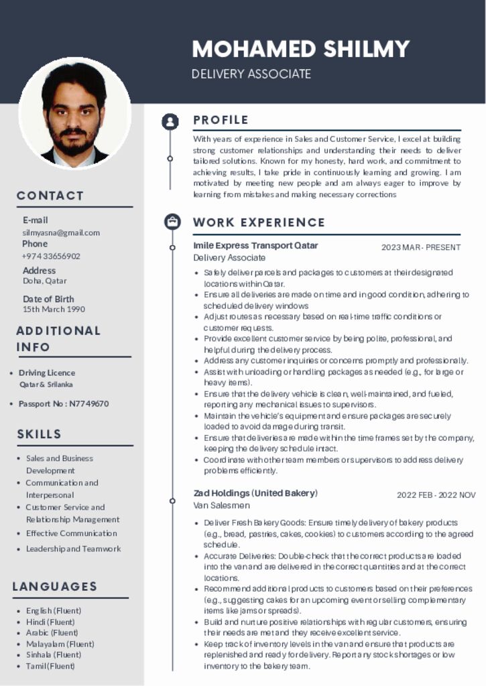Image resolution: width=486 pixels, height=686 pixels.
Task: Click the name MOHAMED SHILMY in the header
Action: tap(300, 49)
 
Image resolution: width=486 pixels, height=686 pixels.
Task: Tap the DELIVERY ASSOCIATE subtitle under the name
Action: tap(251, 74)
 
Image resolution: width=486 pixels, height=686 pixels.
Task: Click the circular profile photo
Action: tap(74, 113)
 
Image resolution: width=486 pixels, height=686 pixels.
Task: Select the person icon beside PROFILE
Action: tap(171, 121)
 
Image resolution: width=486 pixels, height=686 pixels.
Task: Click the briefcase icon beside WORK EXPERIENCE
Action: tap(172, 221)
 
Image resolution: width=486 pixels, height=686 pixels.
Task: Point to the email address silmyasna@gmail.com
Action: tap(61, 232)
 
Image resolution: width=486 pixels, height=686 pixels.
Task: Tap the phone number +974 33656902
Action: tap(51, 256)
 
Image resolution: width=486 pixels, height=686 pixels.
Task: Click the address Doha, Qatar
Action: tap(45, 281)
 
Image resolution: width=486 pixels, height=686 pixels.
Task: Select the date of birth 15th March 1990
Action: tap(54, 310)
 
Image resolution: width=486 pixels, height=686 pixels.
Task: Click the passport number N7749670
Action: tap(64, 403)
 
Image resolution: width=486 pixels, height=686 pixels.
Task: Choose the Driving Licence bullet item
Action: tap(47, 372)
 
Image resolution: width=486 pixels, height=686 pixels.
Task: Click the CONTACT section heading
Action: tap(50, 196)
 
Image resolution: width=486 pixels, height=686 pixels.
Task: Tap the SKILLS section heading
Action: tap(39, 434)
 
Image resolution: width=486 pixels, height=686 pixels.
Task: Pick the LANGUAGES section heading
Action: tap(55, 587)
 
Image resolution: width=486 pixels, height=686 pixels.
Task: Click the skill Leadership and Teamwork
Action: tap(74, 549)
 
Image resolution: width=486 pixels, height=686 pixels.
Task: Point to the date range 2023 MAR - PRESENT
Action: tap(421, 247)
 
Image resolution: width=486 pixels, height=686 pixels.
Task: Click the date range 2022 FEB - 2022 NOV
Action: tap(436, 495)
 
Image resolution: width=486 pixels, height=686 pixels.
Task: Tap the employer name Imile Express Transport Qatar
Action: tap(255, 245)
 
